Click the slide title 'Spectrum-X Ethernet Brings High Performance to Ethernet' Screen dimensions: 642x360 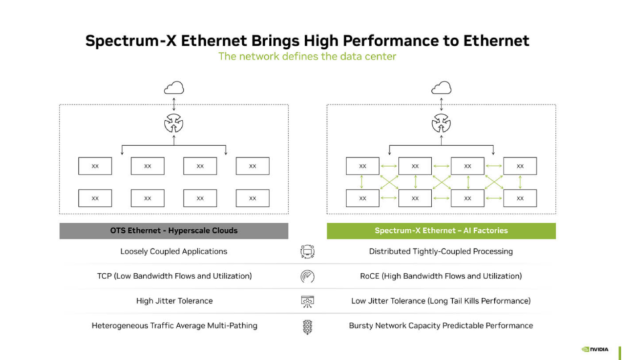[307, 41]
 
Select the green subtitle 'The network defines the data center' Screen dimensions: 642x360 [307, 56]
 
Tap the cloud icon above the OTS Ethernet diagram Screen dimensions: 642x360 [174, 88]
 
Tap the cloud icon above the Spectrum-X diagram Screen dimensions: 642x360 [441, 88]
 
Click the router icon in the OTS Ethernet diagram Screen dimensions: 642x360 [174, 123]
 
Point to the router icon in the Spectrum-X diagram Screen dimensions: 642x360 [441, 123]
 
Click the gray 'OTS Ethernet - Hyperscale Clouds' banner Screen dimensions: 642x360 [174, 231]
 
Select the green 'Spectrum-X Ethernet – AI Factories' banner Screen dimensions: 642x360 [441, 231]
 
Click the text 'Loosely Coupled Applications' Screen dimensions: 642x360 [174, 252]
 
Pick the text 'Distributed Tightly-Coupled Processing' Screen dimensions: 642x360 [441, 252]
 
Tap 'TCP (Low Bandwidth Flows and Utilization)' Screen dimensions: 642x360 [175, 276]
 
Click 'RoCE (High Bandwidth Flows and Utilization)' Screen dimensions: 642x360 [441, 276]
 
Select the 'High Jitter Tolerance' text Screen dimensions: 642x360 [175, 301]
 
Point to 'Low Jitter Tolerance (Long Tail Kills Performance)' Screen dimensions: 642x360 [441, 301]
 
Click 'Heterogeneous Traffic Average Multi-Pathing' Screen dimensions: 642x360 [175, 326]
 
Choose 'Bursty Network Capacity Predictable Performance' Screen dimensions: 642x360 [441, 326]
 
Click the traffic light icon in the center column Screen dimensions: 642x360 [308, 327]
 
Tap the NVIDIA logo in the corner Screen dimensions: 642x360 [595, 349]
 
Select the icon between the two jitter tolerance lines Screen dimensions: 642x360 [308, 301]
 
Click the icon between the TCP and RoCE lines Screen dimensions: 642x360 [308, 276]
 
